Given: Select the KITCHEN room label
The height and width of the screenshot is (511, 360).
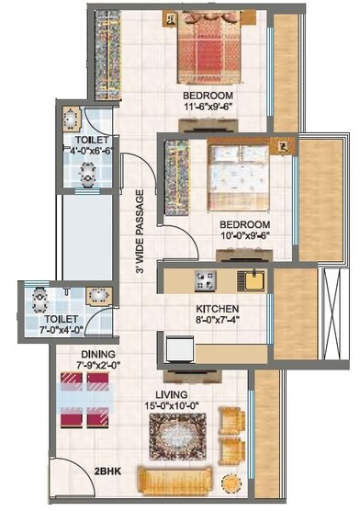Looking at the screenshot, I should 218,309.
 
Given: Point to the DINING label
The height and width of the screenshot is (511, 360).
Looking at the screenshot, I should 98,353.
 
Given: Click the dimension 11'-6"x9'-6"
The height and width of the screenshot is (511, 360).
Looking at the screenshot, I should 208,107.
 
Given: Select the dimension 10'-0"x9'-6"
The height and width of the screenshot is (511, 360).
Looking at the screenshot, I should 244,236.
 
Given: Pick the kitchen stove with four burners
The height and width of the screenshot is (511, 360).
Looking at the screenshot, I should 204,279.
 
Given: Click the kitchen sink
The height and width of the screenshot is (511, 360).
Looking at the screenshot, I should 248,279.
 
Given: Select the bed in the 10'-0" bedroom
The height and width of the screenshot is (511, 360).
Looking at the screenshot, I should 237,176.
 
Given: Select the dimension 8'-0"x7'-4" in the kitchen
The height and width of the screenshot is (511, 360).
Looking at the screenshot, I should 218,322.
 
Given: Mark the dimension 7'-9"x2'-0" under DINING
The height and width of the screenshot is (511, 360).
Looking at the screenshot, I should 98,365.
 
